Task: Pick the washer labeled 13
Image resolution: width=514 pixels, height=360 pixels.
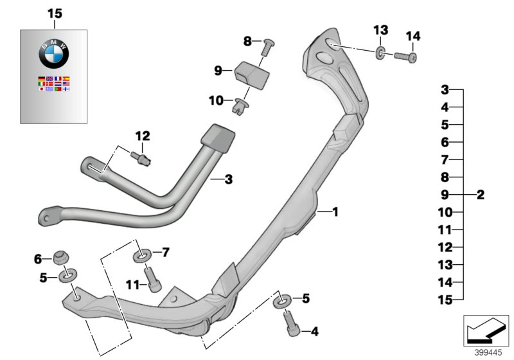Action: tap(380, 51)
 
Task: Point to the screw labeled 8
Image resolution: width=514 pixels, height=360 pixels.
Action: tap(268, 46)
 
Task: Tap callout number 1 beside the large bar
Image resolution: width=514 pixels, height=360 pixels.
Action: tap(334, 212)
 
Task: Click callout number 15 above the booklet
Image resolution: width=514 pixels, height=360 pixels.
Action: tap(55, 13)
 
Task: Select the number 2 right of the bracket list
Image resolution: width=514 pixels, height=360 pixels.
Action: tap(480, 195)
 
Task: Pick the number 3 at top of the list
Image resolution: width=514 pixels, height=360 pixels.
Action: tap(444, 89)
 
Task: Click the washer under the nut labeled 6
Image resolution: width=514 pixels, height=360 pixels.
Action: tap(66, 276)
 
